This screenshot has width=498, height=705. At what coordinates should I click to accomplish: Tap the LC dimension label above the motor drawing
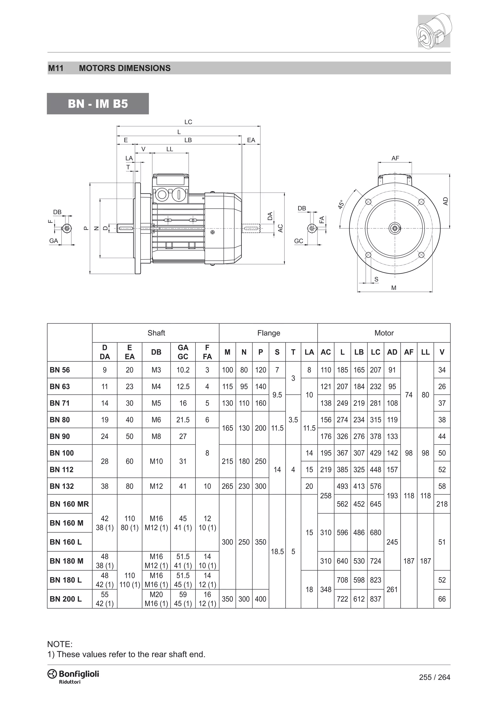[x=188, y=122]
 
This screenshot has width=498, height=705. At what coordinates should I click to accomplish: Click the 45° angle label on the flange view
[x=341, y=204]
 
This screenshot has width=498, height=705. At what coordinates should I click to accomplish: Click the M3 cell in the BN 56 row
[x=156, y=370]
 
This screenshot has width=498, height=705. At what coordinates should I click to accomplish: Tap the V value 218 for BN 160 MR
[x=442, y=504]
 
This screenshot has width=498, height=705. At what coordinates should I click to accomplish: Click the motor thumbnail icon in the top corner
[x=434, y=31]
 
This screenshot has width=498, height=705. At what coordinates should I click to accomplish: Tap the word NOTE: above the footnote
[x=60, y=644]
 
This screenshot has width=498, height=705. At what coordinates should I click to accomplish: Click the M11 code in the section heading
[x=56, y=68]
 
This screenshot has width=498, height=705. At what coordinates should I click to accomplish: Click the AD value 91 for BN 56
[x=392, y=370]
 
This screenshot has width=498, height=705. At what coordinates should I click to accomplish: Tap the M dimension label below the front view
[x=394, y=288]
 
